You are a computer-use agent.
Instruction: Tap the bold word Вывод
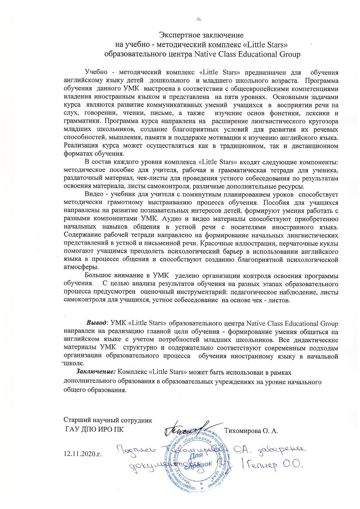point(96,323)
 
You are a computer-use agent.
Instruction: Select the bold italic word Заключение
point(96,372)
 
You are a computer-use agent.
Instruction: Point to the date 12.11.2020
point(82,453)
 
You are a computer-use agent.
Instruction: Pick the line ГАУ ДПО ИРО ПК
point(94,429)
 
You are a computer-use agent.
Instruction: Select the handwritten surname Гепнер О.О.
point(276,466)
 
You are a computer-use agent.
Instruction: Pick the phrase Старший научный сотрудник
point(108,420)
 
